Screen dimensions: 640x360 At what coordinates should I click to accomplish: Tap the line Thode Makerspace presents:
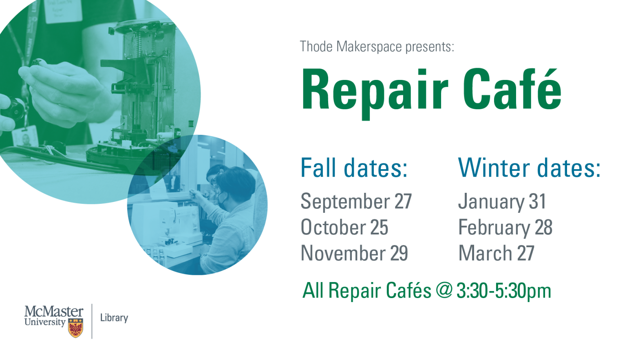[377, 46]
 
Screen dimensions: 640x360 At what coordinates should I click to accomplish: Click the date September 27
[356, 202]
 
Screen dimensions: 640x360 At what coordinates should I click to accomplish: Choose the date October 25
[344, 227]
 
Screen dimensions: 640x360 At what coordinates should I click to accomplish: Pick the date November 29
[354, 253]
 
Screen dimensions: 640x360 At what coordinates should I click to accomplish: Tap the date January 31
[502, 202]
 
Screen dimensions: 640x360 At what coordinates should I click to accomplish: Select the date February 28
[505, 228]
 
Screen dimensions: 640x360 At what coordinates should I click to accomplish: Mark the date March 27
[496, 253]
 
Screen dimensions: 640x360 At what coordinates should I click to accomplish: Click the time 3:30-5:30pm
[504, 291]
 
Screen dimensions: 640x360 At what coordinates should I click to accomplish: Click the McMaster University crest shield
[76, 328]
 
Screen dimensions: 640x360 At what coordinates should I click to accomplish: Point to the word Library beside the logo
[114, 318]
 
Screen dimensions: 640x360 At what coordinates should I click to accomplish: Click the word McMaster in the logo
[54, 312]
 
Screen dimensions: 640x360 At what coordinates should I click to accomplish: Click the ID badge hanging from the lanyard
[26, 137]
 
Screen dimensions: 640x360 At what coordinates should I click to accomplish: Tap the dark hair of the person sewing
[236, 181]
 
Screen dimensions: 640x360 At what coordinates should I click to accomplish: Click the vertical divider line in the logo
[92, 321]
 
